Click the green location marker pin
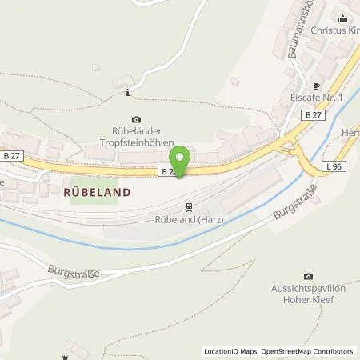[181, 161]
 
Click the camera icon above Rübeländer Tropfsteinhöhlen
[134, 119]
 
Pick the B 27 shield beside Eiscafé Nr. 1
[313, 116]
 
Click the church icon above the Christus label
[345, 18]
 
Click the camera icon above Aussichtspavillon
[310, 276]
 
